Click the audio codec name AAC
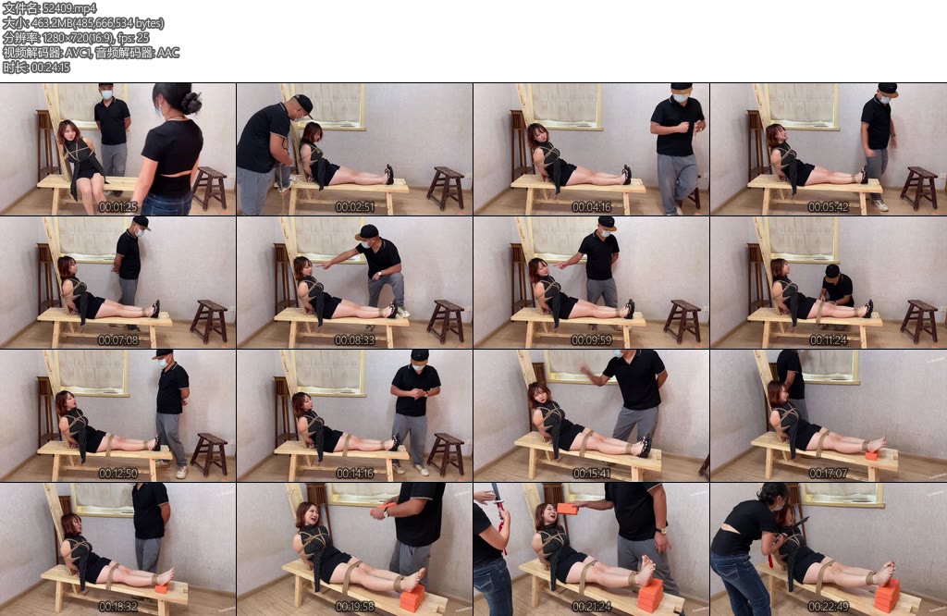168,53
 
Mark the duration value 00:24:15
50,68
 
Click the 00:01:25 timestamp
117,207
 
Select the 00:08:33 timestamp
354,340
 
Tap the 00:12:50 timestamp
117,474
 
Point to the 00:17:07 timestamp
828,474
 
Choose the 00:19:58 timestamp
354,607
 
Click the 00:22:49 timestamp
828,607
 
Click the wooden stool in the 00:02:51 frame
446,188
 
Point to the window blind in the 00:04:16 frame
567,105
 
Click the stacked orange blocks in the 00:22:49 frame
887,596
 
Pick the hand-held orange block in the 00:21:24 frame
567,509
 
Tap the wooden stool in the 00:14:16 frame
446,453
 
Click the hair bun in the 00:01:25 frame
192,103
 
